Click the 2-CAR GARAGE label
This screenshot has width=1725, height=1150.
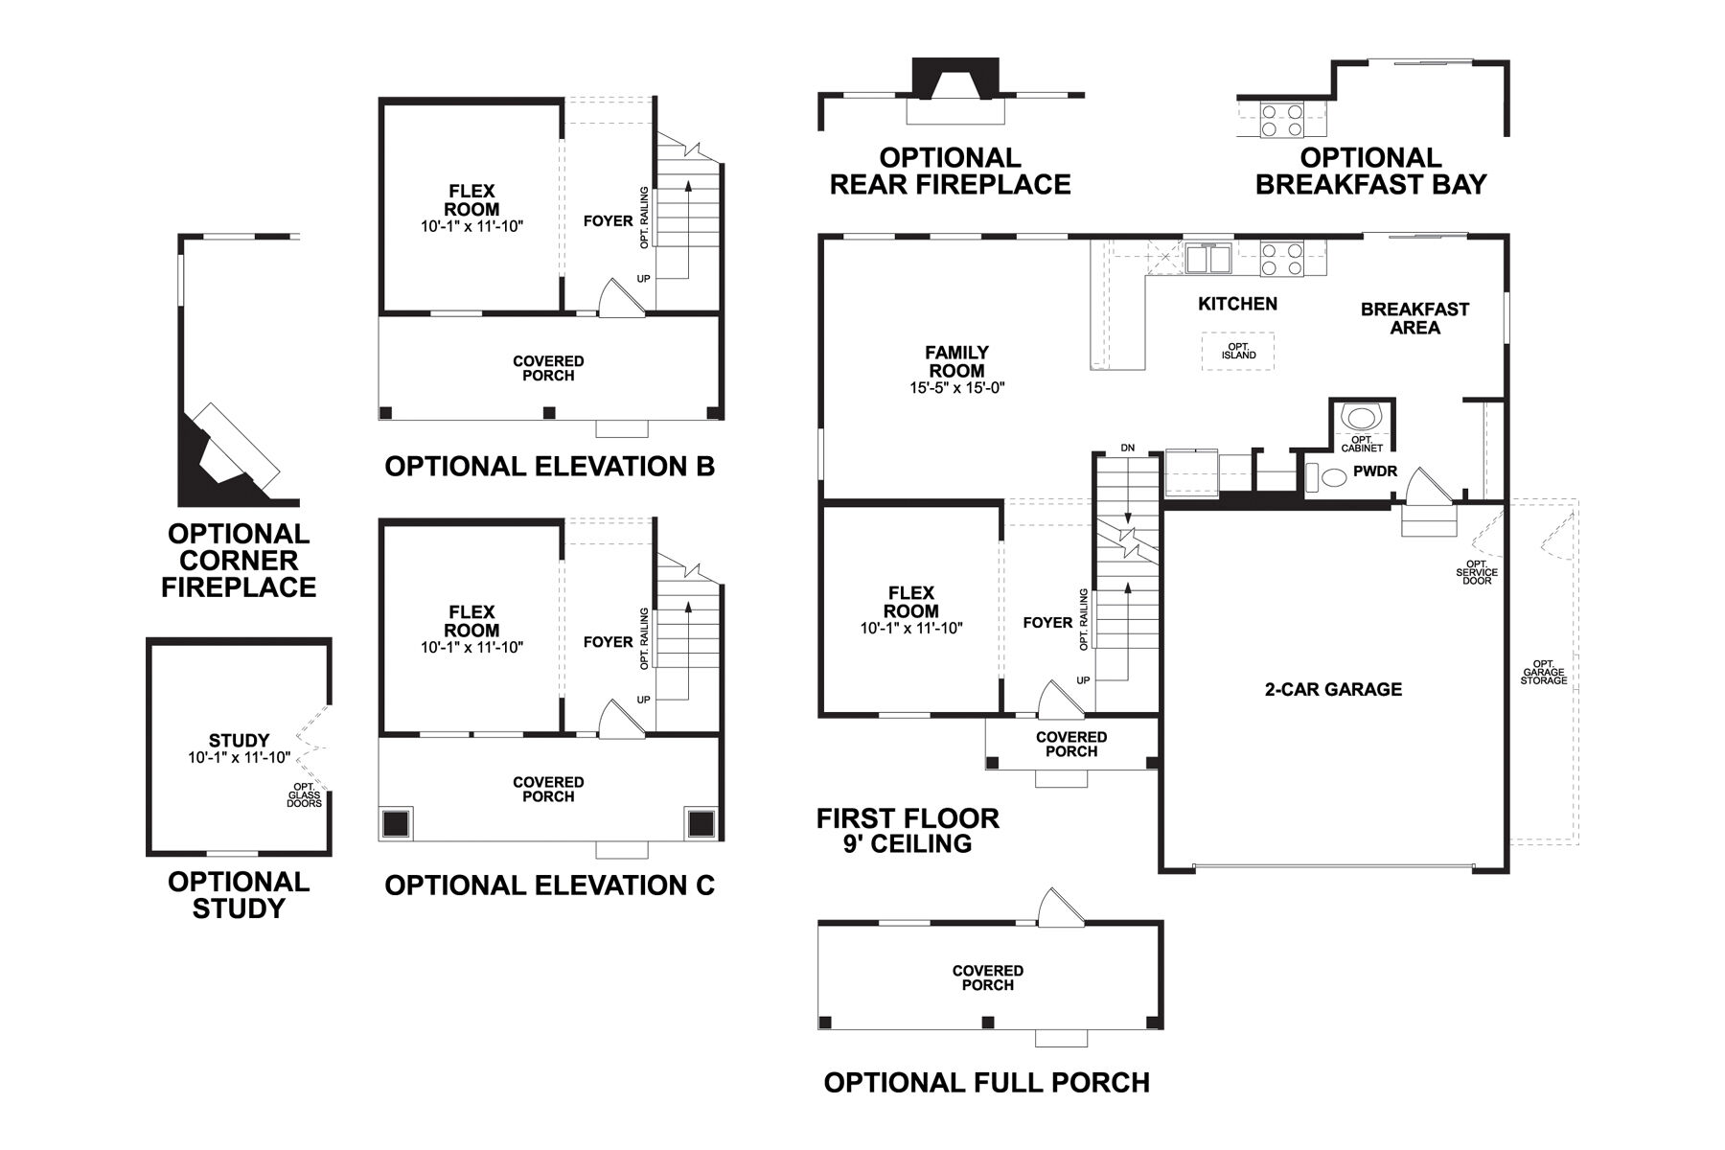[x=1333, y=689]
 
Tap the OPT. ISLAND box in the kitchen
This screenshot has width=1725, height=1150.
[x=1238, y=351]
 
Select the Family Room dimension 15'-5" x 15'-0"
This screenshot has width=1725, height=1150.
[x=956, y=388]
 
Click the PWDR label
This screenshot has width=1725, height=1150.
[x=1375, y=471]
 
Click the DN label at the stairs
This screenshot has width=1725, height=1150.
[x=1127, y=448]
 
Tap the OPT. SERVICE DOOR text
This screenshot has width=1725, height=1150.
[x=1477, y=572]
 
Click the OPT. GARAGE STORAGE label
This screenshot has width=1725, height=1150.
[x=1543, y=672]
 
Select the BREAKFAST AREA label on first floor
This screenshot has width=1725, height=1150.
[x=1414, y=318]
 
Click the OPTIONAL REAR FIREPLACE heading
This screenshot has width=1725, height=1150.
[x=950, y=172]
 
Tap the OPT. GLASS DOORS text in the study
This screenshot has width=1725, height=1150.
[x=304, y=794]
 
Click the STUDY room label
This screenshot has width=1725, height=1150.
[x=239, y=740]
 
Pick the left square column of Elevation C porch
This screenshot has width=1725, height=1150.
[x=395, y=823]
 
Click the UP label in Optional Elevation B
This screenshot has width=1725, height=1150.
[x=643, y=279]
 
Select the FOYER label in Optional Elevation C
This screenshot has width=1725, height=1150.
[x=608, y=642]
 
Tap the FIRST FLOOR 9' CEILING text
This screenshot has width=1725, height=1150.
[x=908, y=831]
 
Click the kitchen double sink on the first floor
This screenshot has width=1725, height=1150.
[x=1207, y=259]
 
